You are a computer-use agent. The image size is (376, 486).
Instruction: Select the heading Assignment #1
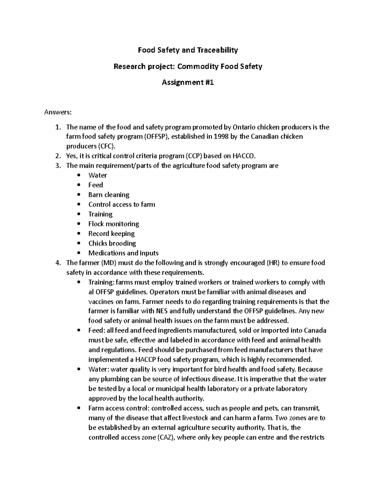(x=188, y=82)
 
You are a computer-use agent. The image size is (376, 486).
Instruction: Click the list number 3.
(x=57, y=166)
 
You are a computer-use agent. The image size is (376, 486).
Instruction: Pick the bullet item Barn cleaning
(x=109, y=195)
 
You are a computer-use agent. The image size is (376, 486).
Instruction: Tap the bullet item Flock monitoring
(x=113, y=224)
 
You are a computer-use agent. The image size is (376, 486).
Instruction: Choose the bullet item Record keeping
(x=111, y=233)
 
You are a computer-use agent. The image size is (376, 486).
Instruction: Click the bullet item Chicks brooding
(x=112, y=243)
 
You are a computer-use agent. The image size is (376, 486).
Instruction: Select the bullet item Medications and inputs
(x=123, y=253)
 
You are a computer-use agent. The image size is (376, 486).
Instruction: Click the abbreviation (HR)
(x=273, y=263)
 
